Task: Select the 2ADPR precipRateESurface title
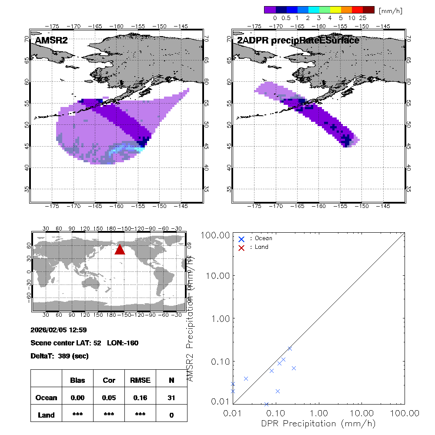coord(298,40)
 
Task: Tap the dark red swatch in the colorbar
coord(368,10)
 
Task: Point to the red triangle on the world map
coord(120,250)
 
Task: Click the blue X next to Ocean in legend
coord(241,239)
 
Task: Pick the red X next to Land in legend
coord(241,247)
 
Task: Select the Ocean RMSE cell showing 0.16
coord(140,398)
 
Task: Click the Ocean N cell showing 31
coord(171,398)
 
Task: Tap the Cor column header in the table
coord(109,380)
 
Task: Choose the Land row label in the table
coord(46,415)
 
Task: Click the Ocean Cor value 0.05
coord(109,398)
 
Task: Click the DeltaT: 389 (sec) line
coord(60,356)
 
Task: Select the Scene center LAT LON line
coord(84,343)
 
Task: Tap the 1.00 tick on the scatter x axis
coord(319,412)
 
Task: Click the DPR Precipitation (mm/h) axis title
coord(319,423)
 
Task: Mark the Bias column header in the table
coord(77,380)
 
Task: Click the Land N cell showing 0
coord(171,415)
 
